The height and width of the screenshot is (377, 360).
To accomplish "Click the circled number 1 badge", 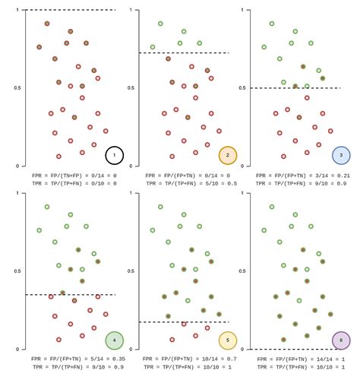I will point(114,155).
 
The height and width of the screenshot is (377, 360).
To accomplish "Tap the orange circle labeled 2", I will point(227,156).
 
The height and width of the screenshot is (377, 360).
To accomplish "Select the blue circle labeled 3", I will point(340,156).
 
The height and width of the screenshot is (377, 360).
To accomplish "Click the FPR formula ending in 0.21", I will point(300,175).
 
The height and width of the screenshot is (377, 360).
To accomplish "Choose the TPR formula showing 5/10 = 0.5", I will point(187,183).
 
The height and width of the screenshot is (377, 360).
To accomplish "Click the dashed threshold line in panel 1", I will point(70,10).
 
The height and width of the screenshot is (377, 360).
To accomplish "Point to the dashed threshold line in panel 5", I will point(183,322).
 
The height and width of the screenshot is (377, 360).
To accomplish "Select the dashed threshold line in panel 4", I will point(70,294).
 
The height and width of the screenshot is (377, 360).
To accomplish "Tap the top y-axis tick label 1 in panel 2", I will point(132,11).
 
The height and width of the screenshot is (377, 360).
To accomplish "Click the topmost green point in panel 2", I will point(160,24).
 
